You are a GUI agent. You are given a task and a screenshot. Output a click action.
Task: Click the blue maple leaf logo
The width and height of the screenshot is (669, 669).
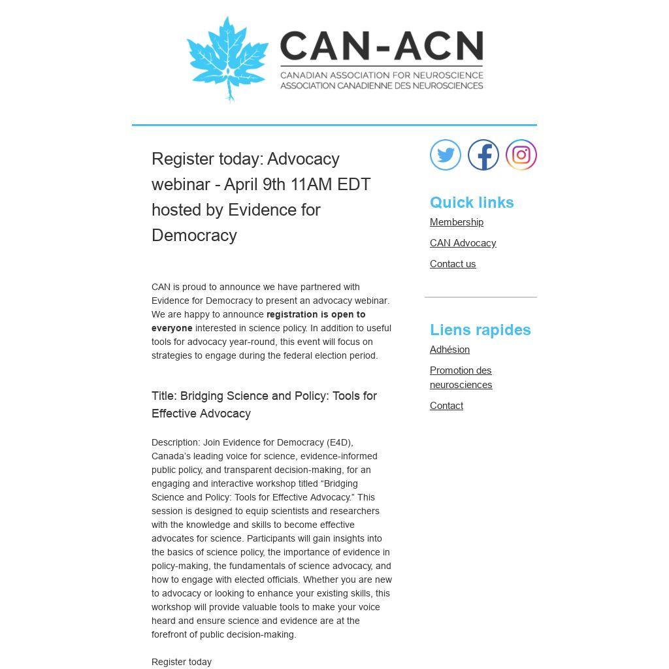tap(227, 59)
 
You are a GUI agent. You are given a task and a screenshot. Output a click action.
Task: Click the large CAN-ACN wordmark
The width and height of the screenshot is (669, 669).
tap(382, 46)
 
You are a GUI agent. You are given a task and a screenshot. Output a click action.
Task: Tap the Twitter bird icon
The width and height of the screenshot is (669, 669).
tap(446, 155)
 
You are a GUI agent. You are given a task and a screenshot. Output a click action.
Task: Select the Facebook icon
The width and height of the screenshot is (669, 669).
tap(483, 155)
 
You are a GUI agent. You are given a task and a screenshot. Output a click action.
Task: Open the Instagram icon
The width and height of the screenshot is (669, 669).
tap(521, 155)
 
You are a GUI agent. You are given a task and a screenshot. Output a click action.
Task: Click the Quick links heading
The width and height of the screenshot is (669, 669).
tap(472, 203)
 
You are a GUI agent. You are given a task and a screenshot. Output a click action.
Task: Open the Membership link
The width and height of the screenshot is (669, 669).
tap(457, 222)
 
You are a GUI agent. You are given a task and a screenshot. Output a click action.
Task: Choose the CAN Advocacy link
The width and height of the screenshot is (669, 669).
tap(463, 243)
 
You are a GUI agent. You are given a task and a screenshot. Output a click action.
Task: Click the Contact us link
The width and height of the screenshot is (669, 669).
tap(453, 264)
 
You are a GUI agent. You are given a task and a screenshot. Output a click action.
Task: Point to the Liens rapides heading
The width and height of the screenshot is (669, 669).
tap(480, 330)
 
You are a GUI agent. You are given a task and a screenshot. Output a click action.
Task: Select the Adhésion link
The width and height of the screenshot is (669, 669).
tap(449, 350)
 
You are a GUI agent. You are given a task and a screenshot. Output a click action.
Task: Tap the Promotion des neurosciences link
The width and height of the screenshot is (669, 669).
tap(461, 378)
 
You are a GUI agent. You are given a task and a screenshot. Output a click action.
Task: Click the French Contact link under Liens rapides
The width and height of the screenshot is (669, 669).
tap(446, 406)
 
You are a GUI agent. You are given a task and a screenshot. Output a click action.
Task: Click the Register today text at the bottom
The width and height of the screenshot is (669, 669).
tap(182, 662)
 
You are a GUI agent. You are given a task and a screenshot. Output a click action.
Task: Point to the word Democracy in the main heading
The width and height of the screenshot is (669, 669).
tap(194, 235)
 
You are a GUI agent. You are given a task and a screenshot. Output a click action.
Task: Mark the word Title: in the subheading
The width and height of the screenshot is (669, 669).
tap(164, 396)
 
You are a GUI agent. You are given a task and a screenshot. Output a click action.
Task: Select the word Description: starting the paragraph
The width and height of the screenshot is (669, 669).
tap(176, 442)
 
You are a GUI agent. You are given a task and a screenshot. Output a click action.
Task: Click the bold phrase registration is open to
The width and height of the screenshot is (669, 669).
tap(316, 314)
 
